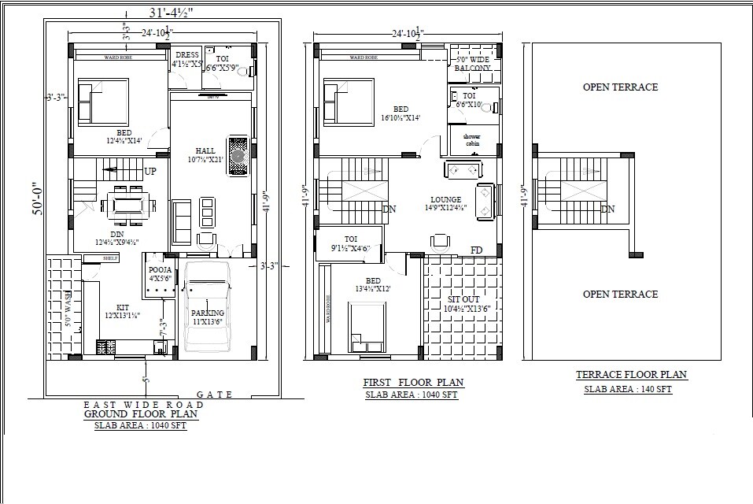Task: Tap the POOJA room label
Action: tap(161, 270)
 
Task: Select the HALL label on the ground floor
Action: tap(205, 150)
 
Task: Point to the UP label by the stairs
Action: tap(150, 171)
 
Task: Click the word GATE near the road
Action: tap(214, 395)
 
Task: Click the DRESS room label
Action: tap(187, 54)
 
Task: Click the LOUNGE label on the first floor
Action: tap(445, 200)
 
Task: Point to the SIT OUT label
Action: tap(463, 300)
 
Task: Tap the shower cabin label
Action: tap(471, 139)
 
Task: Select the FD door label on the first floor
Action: tap(476, 250)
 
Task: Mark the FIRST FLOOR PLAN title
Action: tap(413, 383)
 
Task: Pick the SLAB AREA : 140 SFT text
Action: tap(627, 389)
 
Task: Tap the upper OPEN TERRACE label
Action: tap(620, 87)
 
